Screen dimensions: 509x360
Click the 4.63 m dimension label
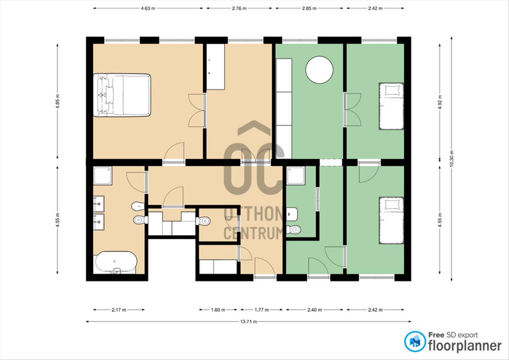pyautogui.click(x=148, y=8)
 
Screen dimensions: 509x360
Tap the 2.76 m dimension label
pyautogui.click(x=239, y=8)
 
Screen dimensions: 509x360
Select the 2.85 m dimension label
pyautogui.click(x=309, y=8)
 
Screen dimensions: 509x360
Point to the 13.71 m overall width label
pyautogui.click(x=249, y=321)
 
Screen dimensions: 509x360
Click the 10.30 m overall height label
pyautogui.click(x=451, y=158)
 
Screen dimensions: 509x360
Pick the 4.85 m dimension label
pyautogui.click(x=58, y=101)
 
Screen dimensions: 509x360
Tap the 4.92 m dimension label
pyautogui.click(x=440, y=102)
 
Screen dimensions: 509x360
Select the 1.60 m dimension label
pyautogui.click(x=218, y=310)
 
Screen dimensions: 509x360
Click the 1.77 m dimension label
pyautogui.click(x=262, y=310)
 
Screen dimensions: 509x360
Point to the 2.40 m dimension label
pyautogui.click(x=314, y=310)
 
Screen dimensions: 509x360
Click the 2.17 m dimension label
pyautogui.click(x=119, y=310)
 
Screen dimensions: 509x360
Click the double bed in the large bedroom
pyautogui.click(x=122, y=95)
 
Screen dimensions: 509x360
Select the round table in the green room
pyautogui.click(x=319, y=70)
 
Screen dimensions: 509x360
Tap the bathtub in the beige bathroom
pyautogui.click(x=116, y=262)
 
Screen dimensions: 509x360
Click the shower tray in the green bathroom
pyautogui.click(x=296, y=176)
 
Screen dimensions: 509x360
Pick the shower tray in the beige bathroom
pyautogui.click(x=103, y=176)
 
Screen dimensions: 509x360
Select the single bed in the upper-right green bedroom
pyautogui.click(x=391, y=106)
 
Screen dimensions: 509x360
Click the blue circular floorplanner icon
pyautogui.click(x=415, y=342)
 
